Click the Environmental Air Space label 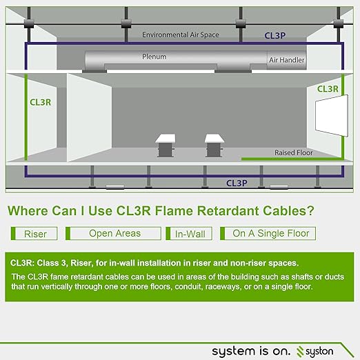coord(181,34)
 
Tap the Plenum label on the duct coord(154,57)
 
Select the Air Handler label coord(287,60)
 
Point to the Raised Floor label coord(294,152)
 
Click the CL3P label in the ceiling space coord(275,36)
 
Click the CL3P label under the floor coord(237,183)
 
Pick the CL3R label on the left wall coord(40,102)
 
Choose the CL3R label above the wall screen coord(328,89)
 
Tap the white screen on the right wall coord(332,115)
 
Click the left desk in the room coord(166,146)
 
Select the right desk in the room coord(214,146)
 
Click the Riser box coord(34,234)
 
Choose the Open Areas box coord(113,234)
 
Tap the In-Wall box coord(189,234)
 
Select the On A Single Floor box coord(268,234)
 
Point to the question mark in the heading coord(310,210)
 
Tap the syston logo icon coord(300,352)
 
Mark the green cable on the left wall coord(26,117)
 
